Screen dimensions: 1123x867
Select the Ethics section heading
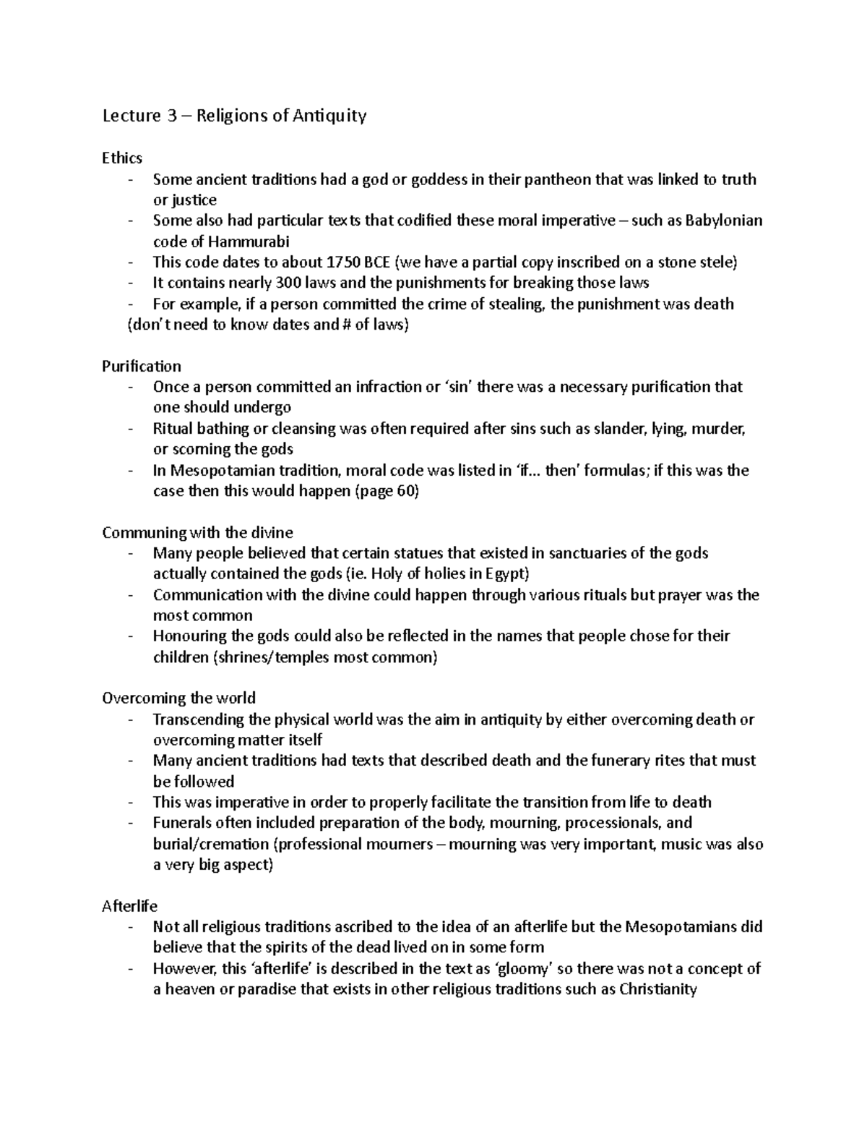point(122,158)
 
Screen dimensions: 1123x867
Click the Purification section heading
point(142,366)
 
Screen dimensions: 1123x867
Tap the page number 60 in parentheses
point(405,491)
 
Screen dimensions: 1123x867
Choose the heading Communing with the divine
point(197,533)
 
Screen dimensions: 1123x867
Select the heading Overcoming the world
point(178,699)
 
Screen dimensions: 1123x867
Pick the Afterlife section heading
point(130,906)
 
